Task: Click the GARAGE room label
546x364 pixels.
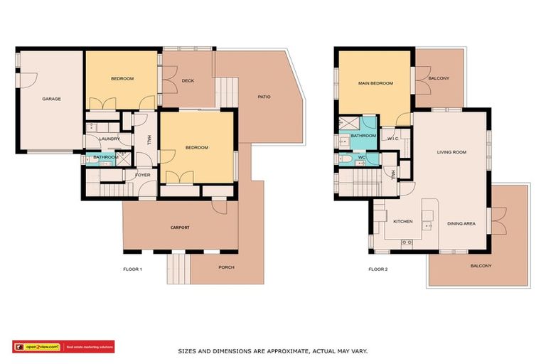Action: click(x=51, y=99)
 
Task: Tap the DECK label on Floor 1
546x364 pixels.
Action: click(x=188, y=80)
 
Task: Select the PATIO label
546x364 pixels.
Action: click(x=264, y=97)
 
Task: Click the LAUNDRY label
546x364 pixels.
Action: click(x=109, y=139)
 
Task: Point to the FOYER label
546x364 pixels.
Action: click(x=142, y=174)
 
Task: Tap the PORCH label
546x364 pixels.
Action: click(x=226, y=267)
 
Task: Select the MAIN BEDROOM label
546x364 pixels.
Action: click(x=375, y=83)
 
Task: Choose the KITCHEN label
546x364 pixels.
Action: click(x=403, y=222)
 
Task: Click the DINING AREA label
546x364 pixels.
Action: click(x=461, y=224)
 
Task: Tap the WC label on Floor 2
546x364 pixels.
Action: click(x=362, y=157)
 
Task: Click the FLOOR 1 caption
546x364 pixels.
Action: click(x=132, y=269)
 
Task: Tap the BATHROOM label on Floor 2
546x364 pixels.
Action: click(x=363, y=135)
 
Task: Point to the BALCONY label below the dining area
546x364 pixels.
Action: click(x=481, y=266)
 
